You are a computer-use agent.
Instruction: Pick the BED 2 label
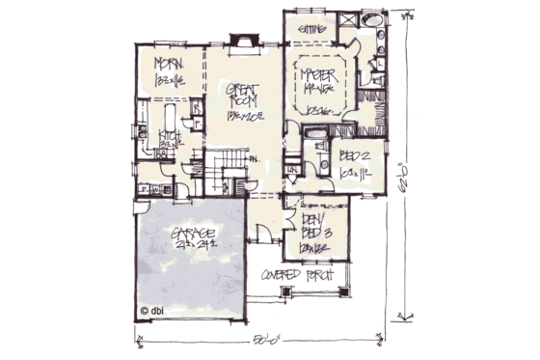[x=356, y=154]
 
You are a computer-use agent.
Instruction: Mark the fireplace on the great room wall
[x=244, y=42]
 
